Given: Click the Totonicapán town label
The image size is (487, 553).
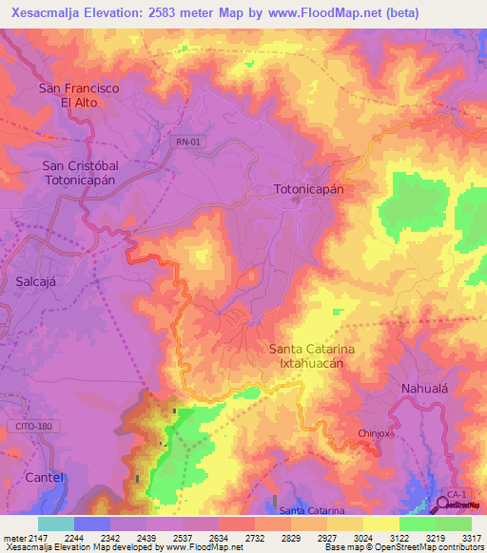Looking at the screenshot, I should coord(308,188).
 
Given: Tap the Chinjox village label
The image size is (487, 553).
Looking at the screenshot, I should coord(375,433).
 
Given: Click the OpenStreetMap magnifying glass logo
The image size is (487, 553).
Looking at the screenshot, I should coord(443,505).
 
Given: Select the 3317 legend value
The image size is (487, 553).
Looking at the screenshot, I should coord(471,538).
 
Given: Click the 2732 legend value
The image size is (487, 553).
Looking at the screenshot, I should coord(256,538).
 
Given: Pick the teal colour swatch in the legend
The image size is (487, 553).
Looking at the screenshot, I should coord(55,524).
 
